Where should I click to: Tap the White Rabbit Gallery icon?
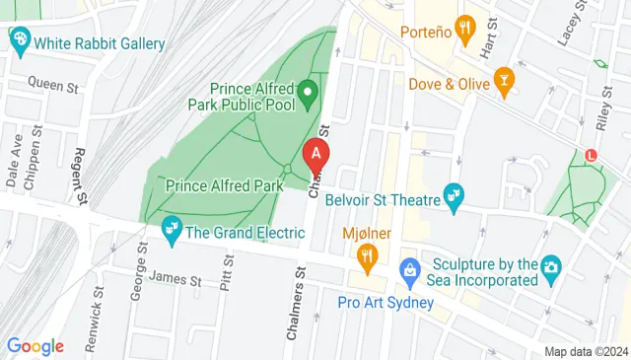point(19,39)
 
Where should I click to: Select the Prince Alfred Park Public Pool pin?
point(308,95)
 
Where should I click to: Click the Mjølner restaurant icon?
point(368,258)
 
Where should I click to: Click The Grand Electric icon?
point(172,230)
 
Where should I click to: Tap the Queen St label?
point(52,86)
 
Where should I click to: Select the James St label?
point(176,280)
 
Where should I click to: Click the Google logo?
point(35,346)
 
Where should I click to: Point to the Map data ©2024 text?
point(586,352)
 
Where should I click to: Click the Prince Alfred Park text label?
point(225,184)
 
